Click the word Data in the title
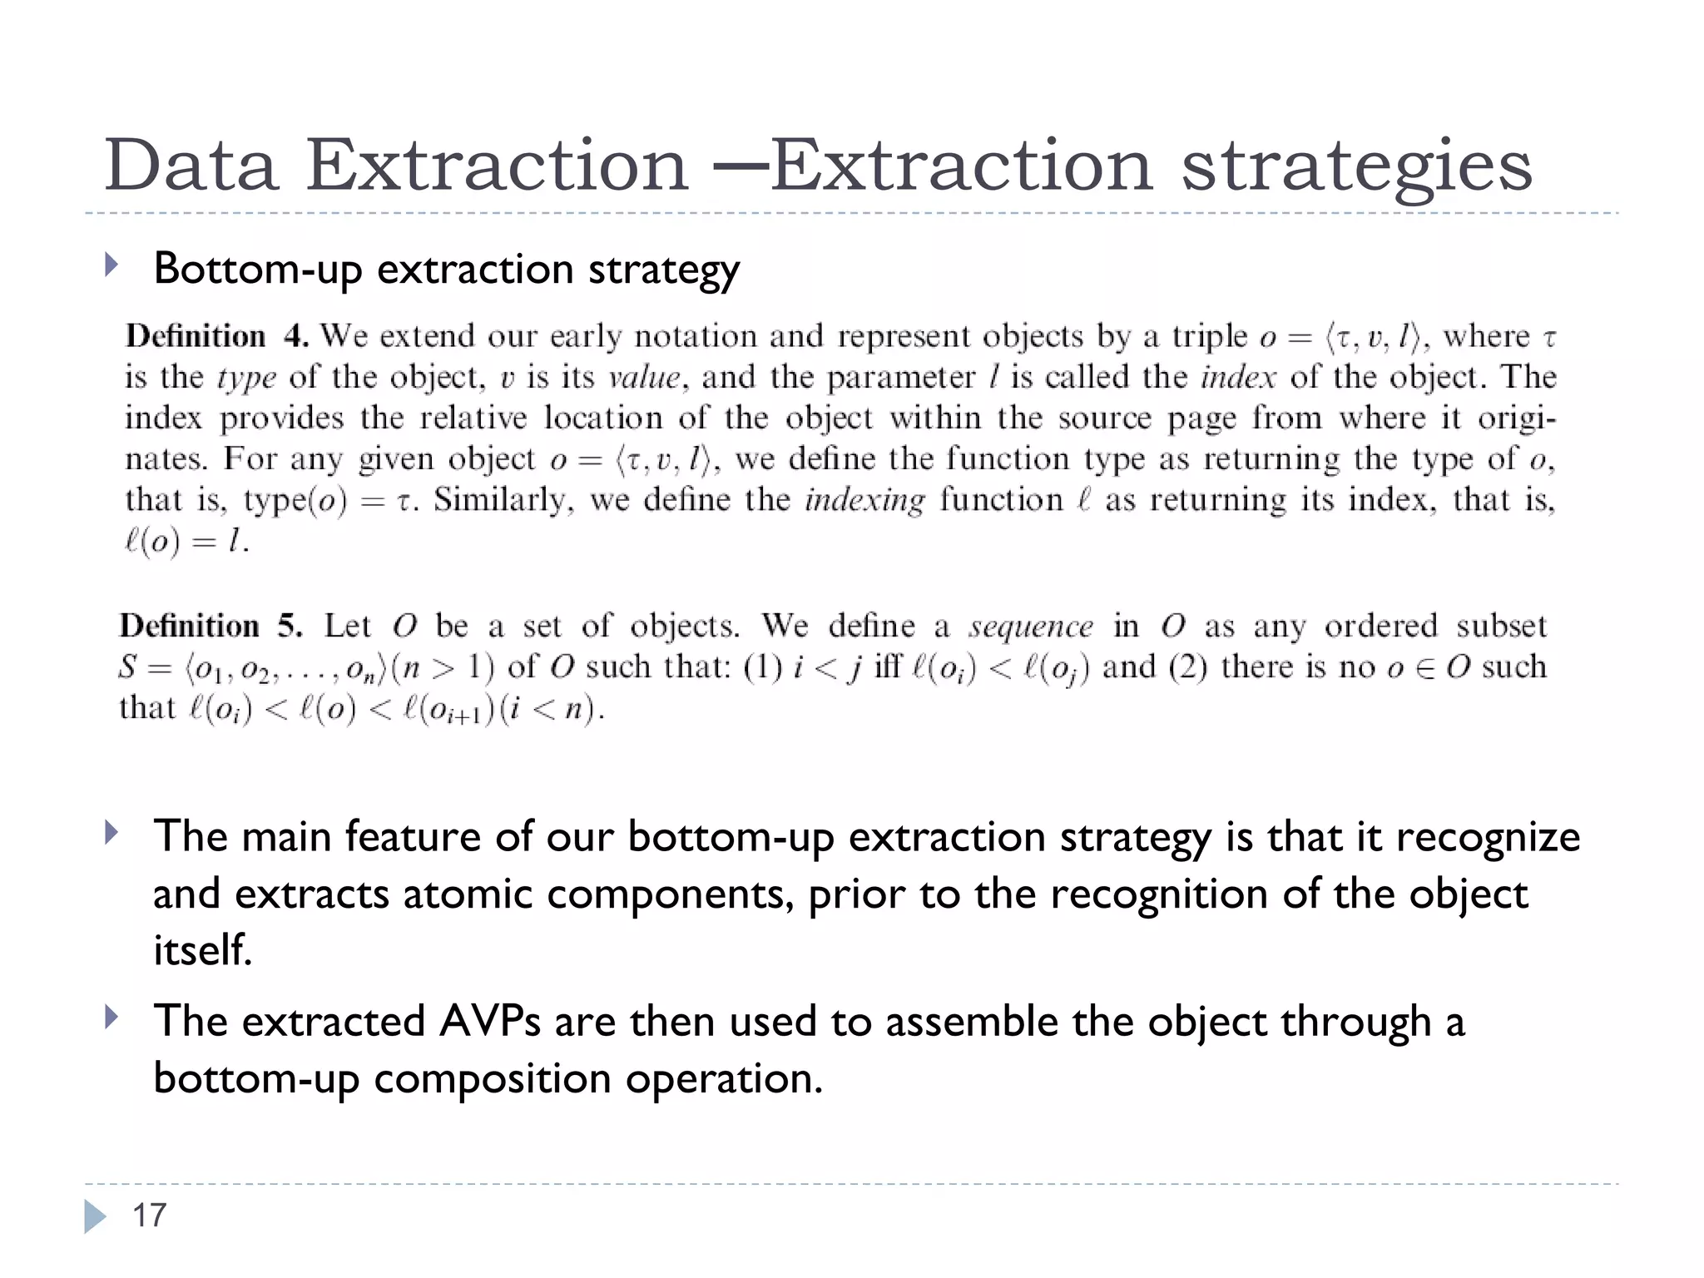(x=191, y=165)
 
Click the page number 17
(x=150, y=1216)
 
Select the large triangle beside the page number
(x=95, y=1216)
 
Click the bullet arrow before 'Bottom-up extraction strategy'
(x=111, y=266)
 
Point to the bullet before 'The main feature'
(x=111, y=833)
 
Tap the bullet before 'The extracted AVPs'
(x=111, y=1017)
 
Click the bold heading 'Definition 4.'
(x=217, y=336)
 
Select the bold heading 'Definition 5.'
(x=211, y=626)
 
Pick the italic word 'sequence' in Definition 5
(x=1032, y=627)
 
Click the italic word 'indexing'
(x=864, y=500)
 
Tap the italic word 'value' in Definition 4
(x=644, y=378)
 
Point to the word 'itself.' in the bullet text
(x=202, y=949)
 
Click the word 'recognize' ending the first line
(x=1488, y=837)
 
